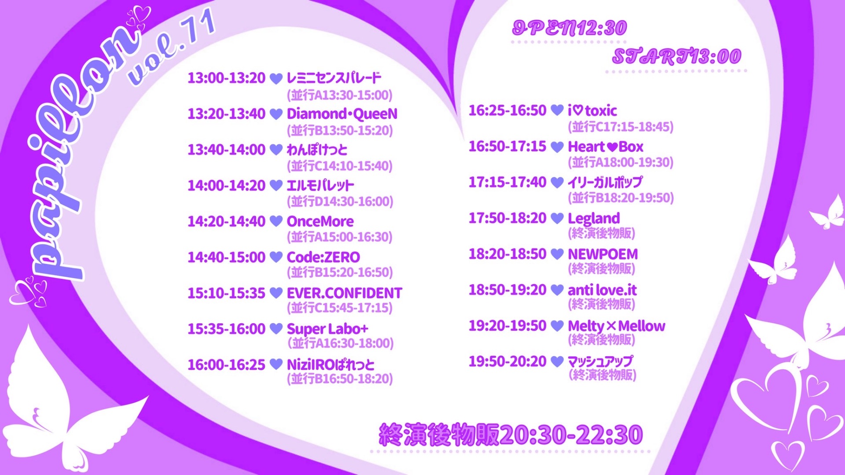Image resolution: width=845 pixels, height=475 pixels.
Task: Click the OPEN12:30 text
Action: pos(569,28)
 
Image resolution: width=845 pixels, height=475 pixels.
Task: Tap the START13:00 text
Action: pos(676,56)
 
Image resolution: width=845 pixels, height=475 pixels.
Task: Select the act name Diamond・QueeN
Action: pos(342,114)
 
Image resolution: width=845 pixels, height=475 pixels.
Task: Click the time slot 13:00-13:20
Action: pos(226,78)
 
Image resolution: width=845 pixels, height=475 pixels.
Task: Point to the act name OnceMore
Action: pos(320,221)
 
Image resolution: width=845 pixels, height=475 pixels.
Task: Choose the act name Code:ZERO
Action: pos(323,257)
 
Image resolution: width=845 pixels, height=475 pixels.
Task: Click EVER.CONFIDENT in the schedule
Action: pos(344,293)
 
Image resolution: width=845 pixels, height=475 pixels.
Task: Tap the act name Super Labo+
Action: pos(327,329)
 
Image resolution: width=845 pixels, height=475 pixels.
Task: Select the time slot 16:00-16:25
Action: pos(226,365)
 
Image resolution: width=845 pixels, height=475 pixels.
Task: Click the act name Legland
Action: pos(593,218)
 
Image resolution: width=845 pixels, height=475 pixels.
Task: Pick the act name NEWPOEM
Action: pos(603,254)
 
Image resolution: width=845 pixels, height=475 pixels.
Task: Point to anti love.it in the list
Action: pos(602,290)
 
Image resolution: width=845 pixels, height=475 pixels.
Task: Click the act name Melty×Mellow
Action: pos(616,326)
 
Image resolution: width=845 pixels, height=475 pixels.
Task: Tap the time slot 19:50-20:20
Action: pos(507,362)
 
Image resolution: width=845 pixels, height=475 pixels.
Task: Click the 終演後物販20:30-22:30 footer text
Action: pos(511,435)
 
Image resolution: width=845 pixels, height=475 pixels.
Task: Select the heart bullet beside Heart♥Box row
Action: pos(557,146)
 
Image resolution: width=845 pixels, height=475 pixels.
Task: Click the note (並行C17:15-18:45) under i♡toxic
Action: pos(621,127)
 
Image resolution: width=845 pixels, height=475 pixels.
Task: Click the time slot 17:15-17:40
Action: pos(507,182)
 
